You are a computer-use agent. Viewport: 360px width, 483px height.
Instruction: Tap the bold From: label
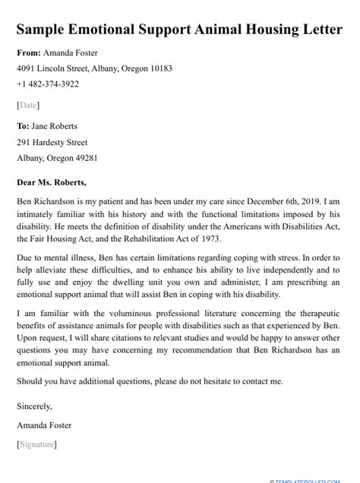(29, 53)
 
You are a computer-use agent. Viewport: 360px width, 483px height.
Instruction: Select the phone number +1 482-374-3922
(48, 84)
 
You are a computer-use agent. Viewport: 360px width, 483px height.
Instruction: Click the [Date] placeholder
(28, 105)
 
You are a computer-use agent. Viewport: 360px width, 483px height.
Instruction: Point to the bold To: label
(24, 126)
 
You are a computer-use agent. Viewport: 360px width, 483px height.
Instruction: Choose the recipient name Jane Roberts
(55, 126)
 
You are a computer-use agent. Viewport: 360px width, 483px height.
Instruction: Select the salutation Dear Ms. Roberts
(52, 182)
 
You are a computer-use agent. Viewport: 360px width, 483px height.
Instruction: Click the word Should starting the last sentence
(31, 381)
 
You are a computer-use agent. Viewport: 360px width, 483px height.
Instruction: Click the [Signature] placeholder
(36, 444)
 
